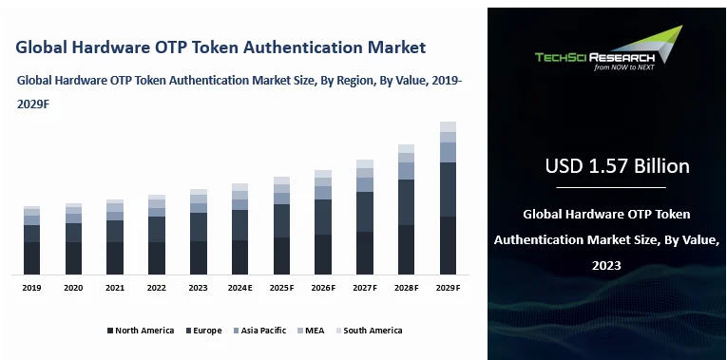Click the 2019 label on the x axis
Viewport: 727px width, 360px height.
point(31,287)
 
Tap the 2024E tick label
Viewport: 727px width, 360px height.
point(239,287)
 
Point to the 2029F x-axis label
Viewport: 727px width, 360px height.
point(448,287)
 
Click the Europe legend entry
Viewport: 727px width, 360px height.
point(206,331)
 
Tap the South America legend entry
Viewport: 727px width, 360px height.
point(373,331)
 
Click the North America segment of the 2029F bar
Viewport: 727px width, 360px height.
point(448,246)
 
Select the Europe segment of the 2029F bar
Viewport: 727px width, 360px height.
point(448,190)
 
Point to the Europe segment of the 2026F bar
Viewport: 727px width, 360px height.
point(323,218)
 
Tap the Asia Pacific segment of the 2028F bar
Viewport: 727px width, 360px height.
point(406,171)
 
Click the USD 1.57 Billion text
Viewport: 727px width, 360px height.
point(617,166)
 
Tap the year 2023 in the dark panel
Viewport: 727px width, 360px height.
point(605,265)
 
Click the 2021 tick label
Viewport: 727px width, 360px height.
point(115,287)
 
